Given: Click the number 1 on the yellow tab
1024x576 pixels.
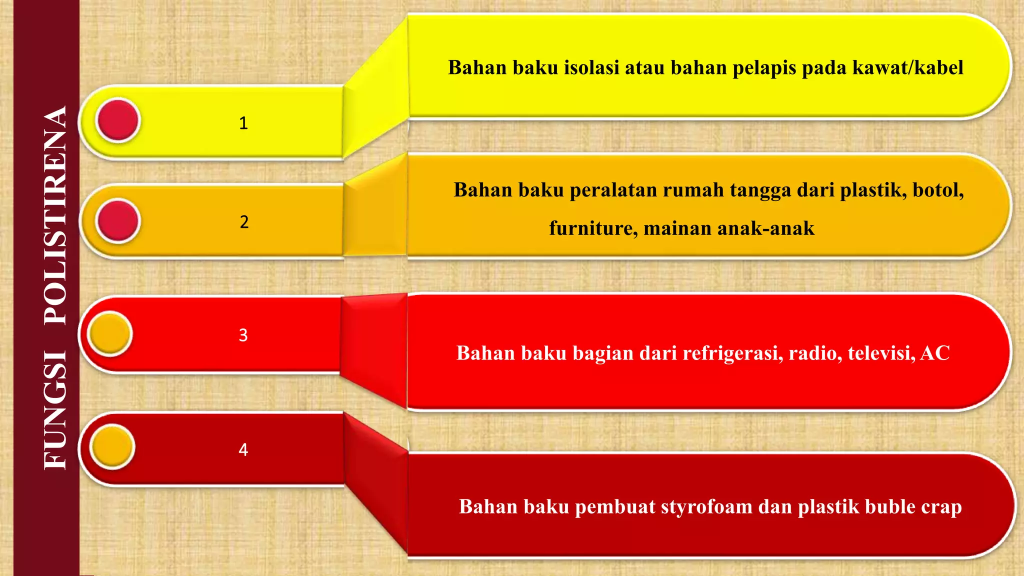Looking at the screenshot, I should click(x=243, y=123).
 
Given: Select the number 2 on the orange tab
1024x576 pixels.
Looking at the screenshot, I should click(x=244, y=222).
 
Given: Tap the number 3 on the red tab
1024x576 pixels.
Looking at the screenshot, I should click(x=243, y=335).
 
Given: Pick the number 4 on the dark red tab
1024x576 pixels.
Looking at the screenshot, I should click(x=243, y=449).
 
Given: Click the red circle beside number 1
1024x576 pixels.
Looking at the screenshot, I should click(x=118, y=120).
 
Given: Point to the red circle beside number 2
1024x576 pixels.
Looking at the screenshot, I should click(x=118, y=220).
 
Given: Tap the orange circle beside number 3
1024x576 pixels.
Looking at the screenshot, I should click(x=109, y=333).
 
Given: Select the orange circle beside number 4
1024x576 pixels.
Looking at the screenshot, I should click(x=112, y=446).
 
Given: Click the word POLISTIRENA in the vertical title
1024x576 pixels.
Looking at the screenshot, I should click(x=55, y=215).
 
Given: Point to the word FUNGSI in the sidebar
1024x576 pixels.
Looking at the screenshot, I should click(x=55, y=410).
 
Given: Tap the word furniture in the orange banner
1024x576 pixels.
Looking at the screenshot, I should click(x=593, y=228).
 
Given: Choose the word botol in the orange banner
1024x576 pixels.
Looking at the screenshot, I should click(x=937, y=190).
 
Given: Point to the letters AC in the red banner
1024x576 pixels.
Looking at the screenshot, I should click(x=934, y=353).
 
